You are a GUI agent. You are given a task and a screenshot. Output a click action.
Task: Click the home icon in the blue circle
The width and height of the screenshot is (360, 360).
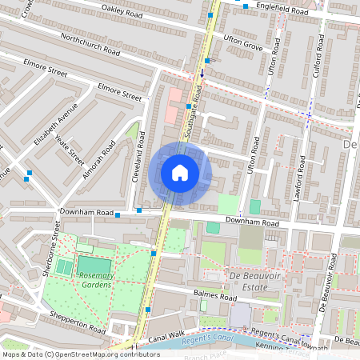tap(180, 173)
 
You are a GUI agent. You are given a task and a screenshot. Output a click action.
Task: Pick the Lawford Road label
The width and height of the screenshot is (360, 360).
tap(301, 177)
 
